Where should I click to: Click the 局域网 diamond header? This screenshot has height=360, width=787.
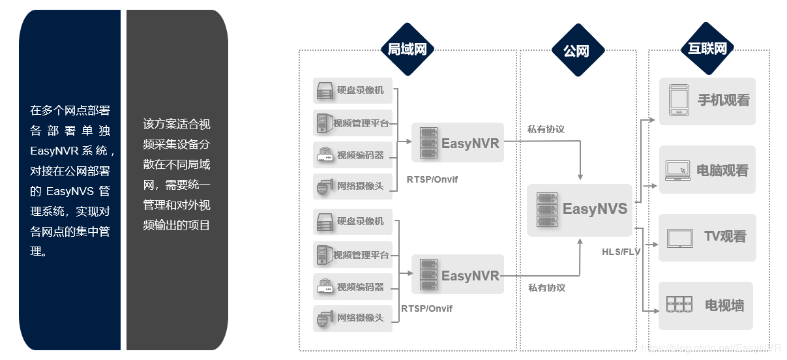click(407, 50)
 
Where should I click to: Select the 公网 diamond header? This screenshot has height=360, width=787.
click(577, 50)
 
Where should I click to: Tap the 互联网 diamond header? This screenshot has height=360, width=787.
click(707, 49)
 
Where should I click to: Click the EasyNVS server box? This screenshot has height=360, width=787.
click(580, 209)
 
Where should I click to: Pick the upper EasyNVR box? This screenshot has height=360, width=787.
click(458, 142)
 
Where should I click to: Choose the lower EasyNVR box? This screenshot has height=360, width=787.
click(458, 275)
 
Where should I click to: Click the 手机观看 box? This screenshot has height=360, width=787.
click(707, 101)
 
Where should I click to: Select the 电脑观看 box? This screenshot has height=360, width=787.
click(707, 170)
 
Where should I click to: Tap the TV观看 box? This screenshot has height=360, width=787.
click(707, 237)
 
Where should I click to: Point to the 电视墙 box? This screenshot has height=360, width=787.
click(706, 305)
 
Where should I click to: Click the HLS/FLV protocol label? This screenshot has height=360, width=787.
click(621, 252)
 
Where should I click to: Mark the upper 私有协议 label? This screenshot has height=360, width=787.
click(546, 129)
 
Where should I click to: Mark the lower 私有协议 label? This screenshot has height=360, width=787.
click(546, 288)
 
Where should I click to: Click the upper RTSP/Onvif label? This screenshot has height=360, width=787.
click(432, 179)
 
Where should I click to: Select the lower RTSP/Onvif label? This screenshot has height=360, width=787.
click(426, 308)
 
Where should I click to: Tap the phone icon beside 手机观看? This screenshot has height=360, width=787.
click(679, 101)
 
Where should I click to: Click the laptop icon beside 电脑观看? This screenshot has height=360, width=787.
click(677, 170)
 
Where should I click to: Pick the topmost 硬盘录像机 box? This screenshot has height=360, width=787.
click(353, 91)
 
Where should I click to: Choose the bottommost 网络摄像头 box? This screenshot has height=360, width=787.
click(353, 318)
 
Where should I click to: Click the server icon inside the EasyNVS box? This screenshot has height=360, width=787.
click(546, 209)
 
